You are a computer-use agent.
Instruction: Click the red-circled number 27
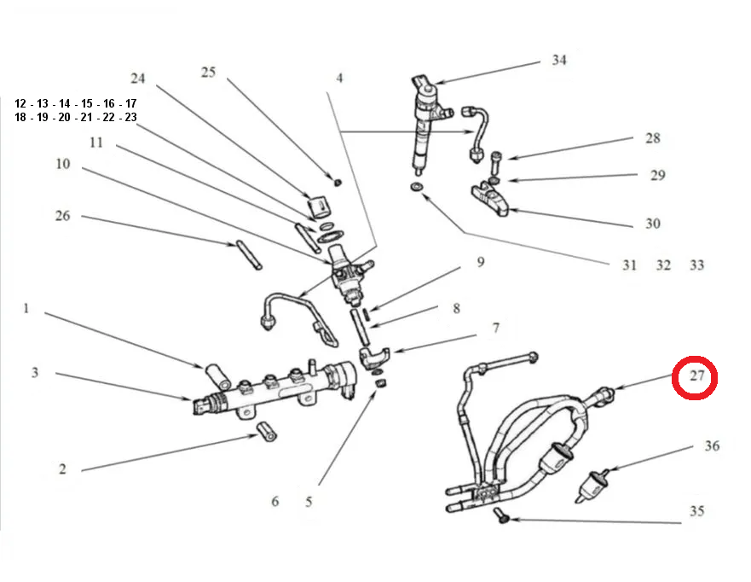[x=696, y=377]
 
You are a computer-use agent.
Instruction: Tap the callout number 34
[x=558, y=61]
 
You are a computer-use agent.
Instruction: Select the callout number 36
[x=712, y=446]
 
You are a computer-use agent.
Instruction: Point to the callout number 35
[x=697, y=512]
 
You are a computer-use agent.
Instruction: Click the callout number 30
[x=652, y=224]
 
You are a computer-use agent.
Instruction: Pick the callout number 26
[x=62, y=216]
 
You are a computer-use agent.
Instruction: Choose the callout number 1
[x=26, y=307]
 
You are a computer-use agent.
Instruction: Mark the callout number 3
[x=35, y=373]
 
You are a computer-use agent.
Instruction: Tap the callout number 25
[x=209, y=72]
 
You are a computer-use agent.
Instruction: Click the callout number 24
[x=138, y=79]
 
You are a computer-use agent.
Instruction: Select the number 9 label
[x=480, y=262]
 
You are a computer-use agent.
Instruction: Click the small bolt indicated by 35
[x=502, y=518]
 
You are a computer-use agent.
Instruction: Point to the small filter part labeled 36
[x=592, y=483]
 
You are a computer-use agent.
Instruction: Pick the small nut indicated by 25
[x=338, y=182]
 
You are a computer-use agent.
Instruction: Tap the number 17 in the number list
[x=130, y=103]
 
